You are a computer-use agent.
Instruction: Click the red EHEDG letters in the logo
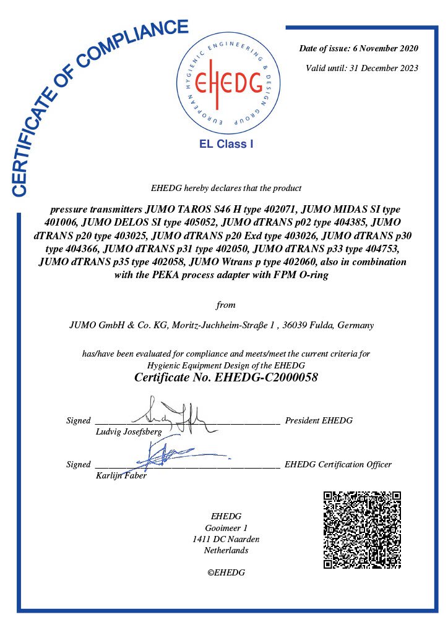click(x=227, y=83)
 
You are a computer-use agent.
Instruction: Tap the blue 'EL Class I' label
click(x=226, y=145)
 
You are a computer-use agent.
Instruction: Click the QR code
click(x=362, y=529)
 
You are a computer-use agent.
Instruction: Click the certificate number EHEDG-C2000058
click(x=267, y=377)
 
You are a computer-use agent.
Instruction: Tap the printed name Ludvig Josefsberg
click(x=129, y=431)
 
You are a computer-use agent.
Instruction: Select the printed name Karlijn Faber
click(x=121, y=475)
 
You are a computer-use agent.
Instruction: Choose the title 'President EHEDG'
click(x=319, y=420)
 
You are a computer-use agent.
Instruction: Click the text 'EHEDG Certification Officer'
click(x=338, y=464)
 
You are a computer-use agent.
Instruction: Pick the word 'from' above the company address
click(x=226, y=305)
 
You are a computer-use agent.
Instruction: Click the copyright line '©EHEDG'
click(x=226, y=572)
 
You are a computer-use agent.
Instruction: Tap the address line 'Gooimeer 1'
click(x=226, y=528)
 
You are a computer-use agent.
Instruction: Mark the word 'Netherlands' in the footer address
click(x=226, y=550)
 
